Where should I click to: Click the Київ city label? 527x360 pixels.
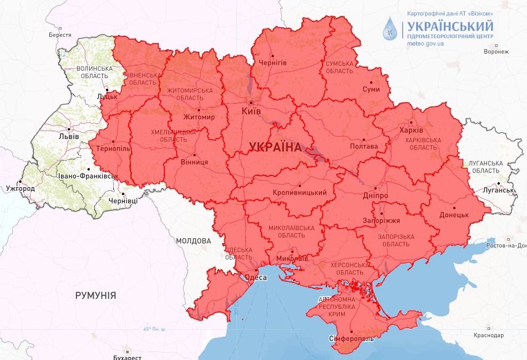tap(251, 111)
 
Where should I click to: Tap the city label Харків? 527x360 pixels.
tap(412, 130)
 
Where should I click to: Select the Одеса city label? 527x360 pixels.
tap(256, 278)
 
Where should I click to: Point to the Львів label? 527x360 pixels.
tap(68, 137)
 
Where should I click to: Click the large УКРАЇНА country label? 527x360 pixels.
tap(275, 148)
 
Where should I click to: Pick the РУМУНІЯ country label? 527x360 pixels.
tap(95, 296)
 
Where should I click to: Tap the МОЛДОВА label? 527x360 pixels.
tap(193, 241)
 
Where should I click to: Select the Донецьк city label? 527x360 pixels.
tap(454, 216)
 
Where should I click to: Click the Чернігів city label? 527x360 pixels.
tap(273, 63)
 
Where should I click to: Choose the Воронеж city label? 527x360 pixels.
tap(496, 52)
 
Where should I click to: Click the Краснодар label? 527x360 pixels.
tap(489, 335)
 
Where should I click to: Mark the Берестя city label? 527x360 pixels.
tap(60, 36)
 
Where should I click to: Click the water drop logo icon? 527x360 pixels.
tap(390, 28)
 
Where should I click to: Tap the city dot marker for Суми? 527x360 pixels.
tap(371, 81)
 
